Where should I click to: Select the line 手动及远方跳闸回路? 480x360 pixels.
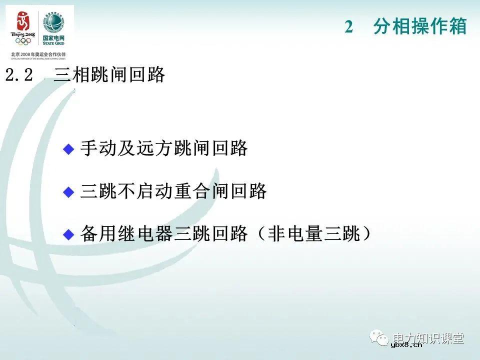click(164, 148)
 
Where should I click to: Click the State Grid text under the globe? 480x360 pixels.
click(53, 40)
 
